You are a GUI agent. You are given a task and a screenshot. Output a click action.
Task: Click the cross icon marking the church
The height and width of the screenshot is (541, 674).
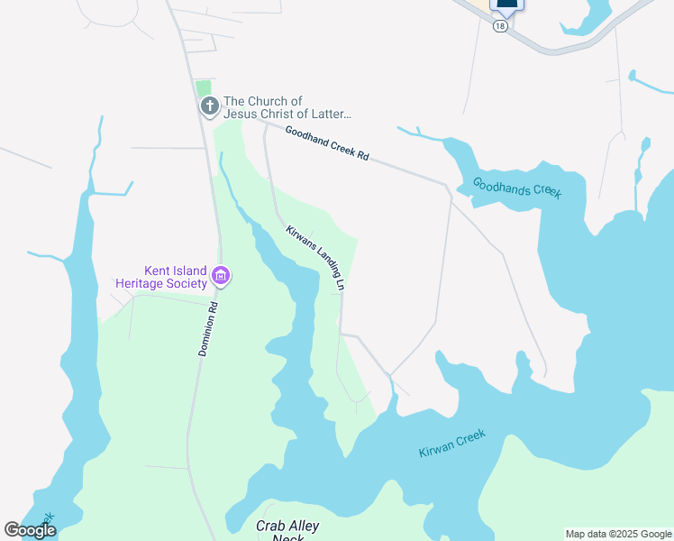coord(209,107)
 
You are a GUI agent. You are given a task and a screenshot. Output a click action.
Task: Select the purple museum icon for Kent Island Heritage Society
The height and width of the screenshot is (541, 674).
coord(221,276)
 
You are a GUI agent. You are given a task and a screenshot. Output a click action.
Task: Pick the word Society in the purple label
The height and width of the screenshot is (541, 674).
coord(187,283)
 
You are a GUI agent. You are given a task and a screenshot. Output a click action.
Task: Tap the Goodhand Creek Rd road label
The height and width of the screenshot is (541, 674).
coord(327,142)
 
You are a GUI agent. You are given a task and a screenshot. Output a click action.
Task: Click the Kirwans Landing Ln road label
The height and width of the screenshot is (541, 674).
coord(316,257)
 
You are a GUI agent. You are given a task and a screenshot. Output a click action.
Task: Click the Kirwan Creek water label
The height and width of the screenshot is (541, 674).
coord(451,443)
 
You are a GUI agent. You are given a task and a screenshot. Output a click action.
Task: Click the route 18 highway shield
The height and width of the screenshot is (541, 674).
coord(500,27)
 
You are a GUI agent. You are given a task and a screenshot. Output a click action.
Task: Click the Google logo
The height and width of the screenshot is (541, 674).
coord(30,530)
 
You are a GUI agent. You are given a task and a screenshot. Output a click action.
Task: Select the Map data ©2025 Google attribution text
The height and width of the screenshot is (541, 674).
coord(617,534)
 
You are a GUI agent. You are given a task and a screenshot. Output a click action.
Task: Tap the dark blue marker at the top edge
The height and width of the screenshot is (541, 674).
coord(506,5)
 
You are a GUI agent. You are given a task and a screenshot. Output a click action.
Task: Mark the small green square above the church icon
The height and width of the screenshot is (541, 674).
coord(204,87)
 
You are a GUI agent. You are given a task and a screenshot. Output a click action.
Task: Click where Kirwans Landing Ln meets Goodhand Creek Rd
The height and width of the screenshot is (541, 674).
coord(264,126)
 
